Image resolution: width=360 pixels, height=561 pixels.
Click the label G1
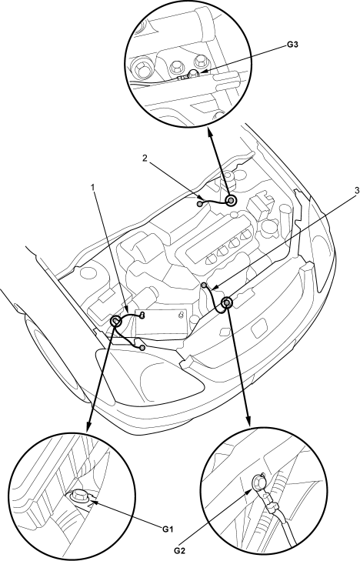point(168,529)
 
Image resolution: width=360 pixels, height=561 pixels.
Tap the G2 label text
point(180,550)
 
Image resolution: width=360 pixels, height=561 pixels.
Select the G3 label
point(293,45)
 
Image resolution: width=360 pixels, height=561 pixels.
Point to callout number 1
point(93,187)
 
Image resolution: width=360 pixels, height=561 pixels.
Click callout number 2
point(145,158)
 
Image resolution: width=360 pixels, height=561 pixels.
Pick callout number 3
point(356,191)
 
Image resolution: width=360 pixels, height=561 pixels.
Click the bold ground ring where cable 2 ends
point(232,201)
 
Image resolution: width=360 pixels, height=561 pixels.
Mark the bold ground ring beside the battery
point(116,322)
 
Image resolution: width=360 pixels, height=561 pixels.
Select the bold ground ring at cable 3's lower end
point(227,303)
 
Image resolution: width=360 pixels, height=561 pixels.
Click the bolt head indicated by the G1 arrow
point(76,496)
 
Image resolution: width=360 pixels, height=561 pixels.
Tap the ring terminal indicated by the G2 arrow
point(258,481)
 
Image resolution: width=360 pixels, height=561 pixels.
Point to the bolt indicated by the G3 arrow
point(193,75)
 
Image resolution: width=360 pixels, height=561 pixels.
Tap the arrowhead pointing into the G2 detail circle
point(248,421)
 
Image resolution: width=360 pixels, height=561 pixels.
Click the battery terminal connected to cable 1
point(143,315)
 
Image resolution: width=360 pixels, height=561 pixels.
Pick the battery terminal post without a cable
point(182,315)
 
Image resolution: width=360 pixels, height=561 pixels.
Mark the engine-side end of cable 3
point(204,285)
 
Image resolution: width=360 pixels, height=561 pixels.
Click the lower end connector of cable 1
point(142,348)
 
